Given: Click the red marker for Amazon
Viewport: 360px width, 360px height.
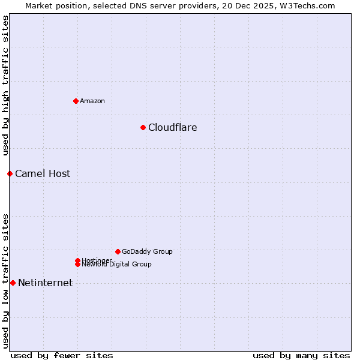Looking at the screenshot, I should [x=76, y=101].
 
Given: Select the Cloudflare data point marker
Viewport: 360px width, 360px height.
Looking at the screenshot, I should [x=143, y=127].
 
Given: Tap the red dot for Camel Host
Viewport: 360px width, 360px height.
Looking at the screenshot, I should [x=10, y=173].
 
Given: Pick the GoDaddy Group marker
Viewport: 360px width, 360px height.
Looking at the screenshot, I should [x=118, y=251].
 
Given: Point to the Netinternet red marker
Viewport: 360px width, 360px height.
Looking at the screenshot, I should [x=13, y=283].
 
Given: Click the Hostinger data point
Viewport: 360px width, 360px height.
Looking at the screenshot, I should [x=77, y=260].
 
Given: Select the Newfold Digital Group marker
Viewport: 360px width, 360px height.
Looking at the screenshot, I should [x=77, y=265].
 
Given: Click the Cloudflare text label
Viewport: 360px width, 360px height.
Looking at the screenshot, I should [x=172, y=127].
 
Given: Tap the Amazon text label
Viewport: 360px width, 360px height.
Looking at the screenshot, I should [x=92, y=101].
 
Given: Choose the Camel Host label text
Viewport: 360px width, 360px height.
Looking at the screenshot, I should [x=43, y=173].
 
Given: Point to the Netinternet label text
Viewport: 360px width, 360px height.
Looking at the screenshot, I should [x=45, y=283].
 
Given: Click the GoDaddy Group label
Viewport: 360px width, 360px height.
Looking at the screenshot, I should [x=147, y=251].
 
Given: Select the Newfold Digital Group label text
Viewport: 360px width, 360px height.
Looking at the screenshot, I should [x=116, y=265].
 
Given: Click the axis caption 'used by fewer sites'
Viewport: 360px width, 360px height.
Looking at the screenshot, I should [x=62, y=355].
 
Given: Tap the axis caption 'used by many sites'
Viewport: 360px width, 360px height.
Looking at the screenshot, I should [x=301, y=355].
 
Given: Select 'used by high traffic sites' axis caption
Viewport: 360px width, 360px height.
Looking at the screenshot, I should [x=5, y=85].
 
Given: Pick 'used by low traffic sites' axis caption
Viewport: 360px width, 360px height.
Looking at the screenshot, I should [x=5, y=280].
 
